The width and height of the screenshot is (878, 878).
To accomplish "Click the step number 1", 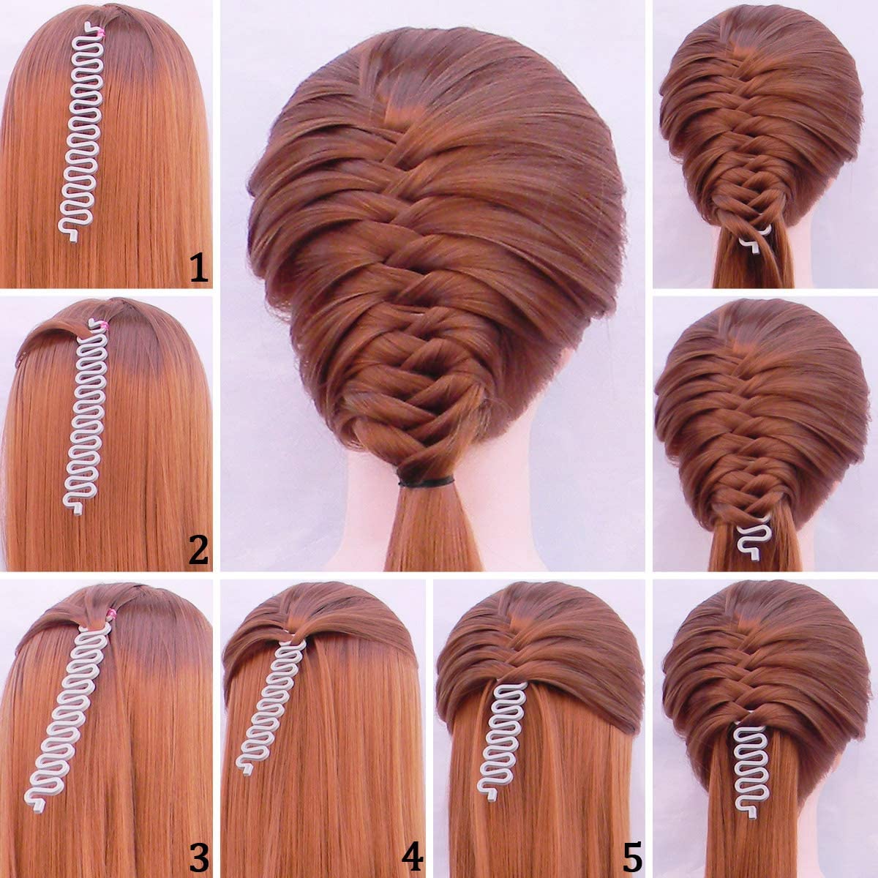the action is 199,268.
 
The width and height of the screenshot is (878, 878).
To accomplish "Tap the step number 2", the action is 199,550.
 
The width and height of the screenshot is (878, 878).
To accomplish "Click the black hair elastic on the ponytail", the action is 426,481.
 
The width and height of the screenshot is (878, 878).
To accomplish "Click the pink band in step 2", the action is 105,325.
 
